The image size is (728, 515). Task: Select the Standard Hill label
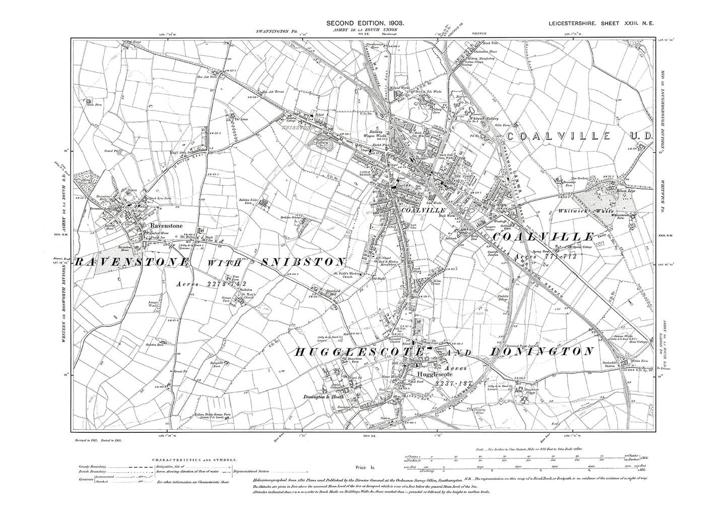[334, 291]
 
